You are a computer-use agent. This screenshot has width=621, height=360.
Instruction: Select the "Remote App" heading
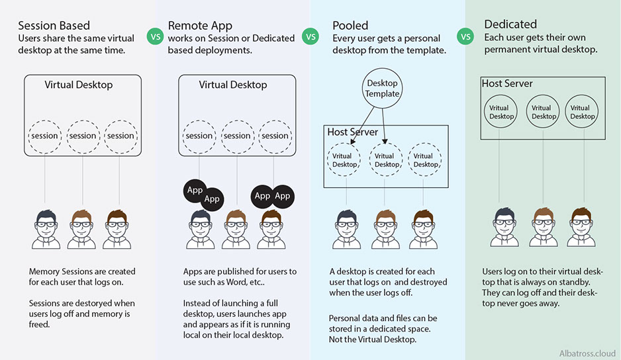(x=200, y=26)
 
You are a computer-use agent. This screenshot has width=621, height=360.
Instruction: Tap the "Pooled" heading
(x=350, y=26)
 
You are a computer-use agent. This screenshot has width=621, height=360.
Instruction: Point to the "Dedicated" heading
(x=510, y=24)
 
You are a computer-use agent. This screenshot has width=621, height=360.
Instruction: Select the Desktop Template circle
(x=382, y=89)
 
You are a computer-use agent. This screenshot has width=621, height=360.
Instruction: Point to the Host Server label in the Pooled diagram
(x=352, y=132)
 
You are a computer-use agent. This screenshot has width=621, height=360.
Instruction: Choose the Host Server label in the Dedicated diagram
(x=507, y=83)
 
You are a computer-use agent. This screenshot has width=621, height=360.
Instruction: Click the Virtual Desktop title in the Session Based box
(x=79, y=85)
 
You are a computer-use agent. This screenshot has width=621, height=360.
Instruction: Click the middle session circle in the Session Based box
(x=83, y=136)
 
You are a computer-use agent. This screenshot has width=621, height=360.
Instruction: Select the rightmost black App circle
(x=283, y=196)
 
